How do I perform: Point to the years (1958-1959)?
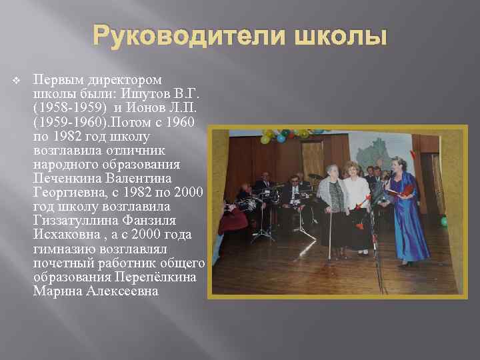coord(63,107)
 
